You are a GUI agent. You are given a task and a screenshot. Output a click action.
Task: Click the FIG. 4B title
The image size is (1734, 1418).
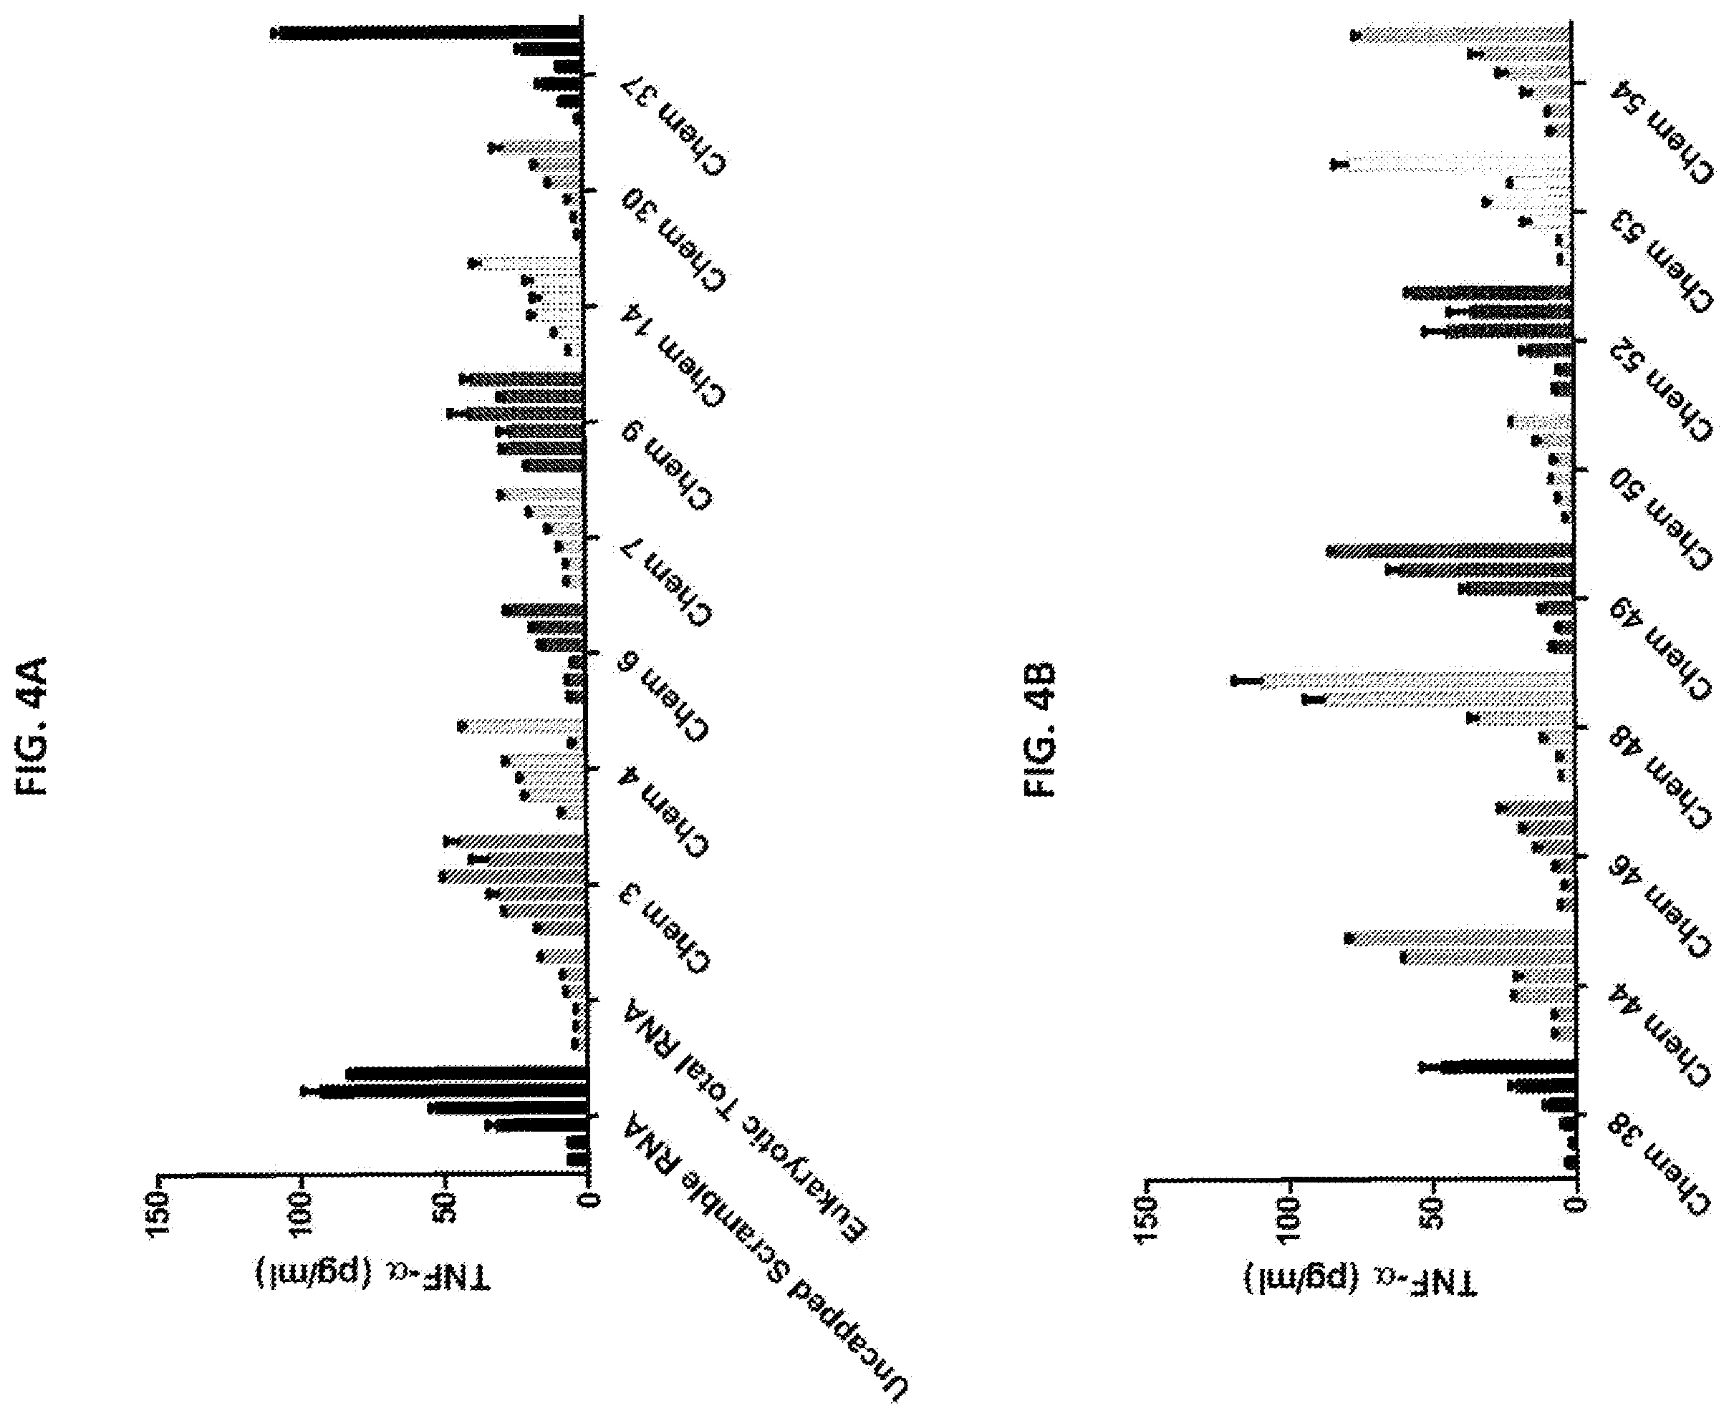[x=1039, y=730]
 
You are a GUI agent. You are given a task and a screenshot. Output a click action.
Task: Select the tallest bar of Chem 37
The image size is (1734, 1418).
[x=428, y=33]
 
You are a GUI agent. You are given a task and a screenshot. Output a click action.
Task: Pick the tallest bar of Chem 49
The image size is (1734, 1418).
[x=1450, y=552]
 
